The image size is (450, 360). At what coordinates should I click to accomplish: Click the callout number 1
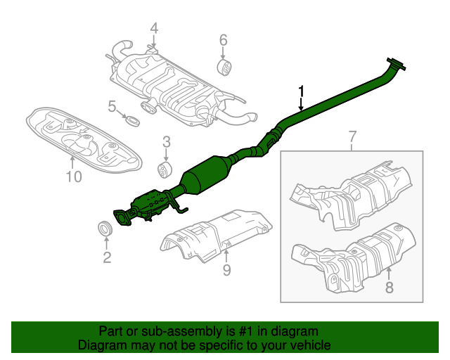pyautogui.click(x=302, y=91)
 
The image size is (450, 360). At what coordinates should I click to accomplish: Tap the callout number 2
pyautogui.click(x=107, y=258)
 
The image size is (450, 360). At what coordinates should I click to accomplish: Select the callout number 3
pyautogui.click(x=166, y=143)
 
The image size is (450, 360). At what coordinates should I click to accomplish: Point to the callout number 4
pyautogui.click(x=153, y=29)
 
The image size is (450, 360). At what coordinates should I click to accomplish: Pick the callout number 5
pyautogui.click(x=112, y=107)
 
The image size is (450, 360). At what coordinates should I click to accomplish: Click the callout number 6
pyautogui.click(x=223, y=39)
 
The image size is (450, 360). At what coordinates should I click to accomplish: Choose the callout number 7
pyautogui.click(x=352, y=136)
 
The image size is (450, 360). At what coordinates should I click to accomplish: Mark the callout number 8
pyautogui.click(x=390, y=286)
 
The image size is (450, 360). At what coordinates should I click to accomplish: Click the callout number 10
pyautogui.click(x=74, y=176)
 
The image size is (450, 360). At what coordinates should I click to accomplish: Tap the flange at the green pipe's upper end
pyautogui.click(x=397, y=65)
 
